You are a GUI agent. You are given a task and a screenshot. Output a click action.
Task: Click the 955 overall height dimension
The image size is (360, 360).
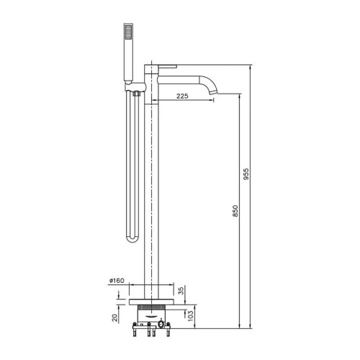tap(246, 174)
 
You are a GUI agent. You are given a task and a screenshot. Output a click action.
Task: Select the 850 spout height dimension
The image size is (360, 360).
tap(235, 211)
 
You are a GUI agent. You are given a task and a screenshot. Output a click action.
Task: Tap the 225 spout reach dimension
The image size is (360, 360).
tap(182, 96)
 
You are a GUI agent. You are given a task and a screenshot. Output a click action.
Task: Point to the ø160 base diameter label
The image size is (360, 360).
tap(117, 280)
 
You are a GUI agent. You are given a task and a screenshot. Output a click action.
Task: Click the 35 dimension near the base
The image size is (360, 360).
tap(181, 290)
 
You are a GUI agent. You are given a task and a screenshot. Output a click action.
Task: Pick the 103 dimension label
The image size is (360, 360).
tap(189, 316)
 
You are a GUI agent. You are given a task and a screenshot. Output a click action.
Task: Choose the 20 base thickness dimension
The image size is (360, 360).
tap(115, 318)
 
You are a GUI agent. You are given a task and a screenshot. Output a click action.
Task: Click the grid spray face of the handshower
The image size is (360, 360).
tap(129, 32)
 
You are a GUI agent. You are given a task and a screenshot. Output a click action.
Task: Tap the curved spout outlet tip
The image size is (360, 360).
tap(213, 91)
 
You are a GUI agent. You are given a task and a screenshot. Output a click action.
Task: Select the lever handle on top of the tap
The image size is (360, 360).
tap(165, 66)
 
